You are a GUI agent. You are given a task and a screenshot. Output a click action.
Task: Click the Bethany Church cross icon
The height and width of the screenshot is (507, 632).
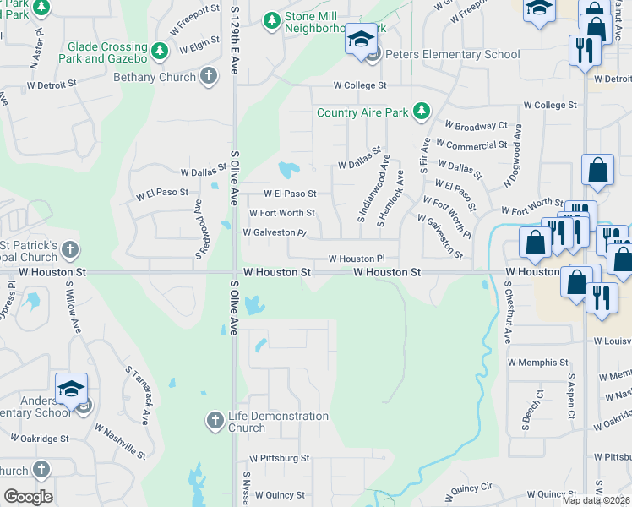pyautogui.click(x=209, y=77)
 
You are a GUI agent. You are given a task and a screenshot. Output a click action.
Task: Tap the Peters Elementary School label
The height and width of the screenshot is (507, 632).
pyautogui.click(x=454, y=54)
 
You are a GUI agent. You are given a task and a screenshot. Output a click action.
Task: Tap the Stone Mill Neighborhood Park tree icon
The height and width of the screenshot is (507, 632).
pyautogui.click(x=270, y=19)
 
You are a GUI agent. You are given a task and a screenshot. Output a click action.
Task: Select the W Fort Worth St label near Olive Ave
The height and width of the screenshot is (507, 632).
pyautogui.click(x=282, y=213)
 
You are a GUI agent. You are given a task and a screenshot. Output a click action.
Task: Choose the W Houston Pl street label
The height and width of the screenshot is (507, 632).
pyautogui.click(x=357, y=259)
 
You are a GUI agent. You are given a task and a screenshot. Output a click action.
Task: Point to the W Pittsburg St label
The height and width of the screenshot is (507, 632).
pyautogui.click(x=279, y=458)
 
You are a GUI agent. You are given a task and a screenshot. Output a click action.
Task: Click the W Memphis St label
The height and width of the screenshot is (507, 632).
pyautogui.click(x=538, y=362)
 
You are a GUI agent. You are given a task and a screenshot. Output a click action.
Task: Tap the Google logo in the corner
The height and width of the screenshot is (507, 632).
pyautogui.click(x=28, y=497)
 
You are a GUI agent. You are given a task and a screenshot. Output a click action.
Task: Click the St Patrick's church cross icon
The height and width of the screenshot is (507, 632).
pyautogui.click(x=70, y=250)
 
